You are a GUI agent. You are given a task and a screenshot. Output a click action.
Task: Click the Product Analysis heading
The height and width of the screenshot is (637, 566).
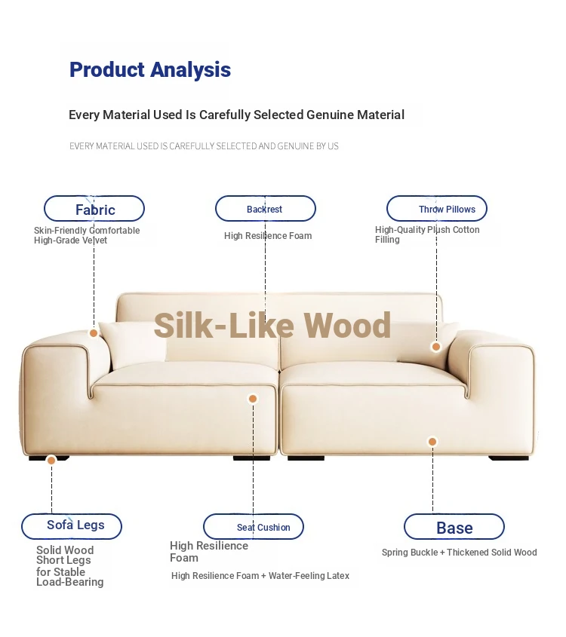pyautogui.click(x=150, y=70)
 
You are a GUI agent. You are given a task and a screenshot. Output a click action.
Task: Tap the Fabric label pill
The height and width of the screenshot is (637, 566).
pyautogui.click(x=94, y=209)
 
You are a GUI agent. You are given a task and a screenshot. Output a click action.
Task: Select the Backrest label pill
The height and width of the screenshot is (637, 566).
pyautogui.click(x=266, y=209)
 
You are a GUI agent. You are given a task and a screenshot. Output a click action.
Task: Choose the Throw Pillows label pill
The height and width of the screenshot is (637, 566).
pyautogui.click(x=437, y=209)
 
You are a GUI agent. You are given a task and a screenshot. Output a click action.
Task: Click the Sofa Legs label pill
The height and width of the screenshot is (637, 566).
pyautogui.click(x=72, y=526)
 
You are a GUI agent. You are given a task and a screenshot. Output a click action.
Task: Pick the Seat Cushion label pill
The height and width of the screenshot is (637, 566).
pyautogui.click(x=254, y=526)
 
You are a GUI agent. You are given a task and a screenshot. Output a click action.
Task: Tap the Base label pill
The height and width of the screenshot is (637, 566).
pyautogui.click(x=454, y=526)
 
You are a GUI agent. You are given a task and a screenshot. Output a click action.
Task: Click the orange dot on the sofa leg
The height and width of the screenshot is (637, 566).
pyautogui.click(x=51, y=461)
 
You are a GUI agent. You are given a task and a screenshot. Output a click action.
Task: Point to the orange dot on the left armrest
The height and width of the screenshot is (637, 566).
pyautogui.click(x=94, y=333)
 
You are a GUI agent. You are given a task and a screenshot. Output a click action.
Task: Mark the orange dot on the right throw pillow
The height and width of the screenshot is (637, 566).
pyautogui.click(x=436, y=347)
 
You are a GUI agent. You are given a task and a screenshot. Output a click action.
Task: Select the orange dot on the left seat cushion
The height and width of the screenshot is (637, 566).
pyautogui.click(x=253, y=399)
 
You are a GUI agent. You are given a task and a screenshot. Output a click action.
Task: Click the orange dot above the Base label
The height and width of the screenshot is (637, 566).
pyautogui.click(x=432, y=442)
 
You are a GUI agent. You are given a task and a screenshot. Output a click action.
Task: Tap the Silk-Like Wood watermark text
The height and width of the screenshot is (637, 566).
pyautogui.click(x=272, y=326)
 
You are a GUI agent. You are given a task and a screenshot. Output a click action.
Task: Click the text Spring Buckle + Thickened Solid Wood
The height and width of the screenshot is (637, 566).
pyautogui.click(x=459, y=553)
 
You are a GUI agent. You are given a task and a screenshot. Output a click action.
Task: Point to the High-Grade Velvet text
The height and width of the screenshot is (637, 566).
pyautogui.click(x=70, y=240)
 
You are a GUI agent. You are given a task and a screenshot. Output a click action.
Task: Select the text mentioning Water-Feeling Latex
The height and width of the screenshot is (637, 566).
pyautogui.click(x=260, y=576)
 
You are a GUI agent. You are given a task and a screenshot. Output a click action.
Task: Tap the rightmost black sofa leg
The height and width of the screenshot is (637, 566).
pyautogui.click(x=509, y=458)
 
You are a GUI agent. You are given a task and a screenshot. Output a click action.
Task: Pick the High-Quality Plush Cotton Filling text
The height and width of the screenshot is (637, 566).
pyautogui.click(x=427, y=234)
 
